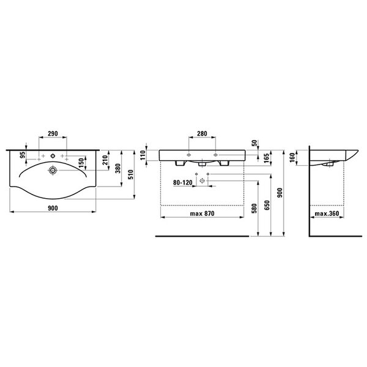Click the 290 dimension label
tap(53, 133)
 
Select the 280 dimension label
tap(202, 133)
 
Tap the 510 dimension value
tap(131, 174)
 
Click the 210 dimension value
tap(105, 160)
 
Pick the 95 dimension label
tap(23, 155)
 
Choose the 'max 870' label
tap(202, 213)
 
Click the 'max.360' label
tap(327, 213)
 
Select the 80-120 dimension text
tap(182, 182)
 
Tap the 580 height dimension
tap(254, 209)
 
